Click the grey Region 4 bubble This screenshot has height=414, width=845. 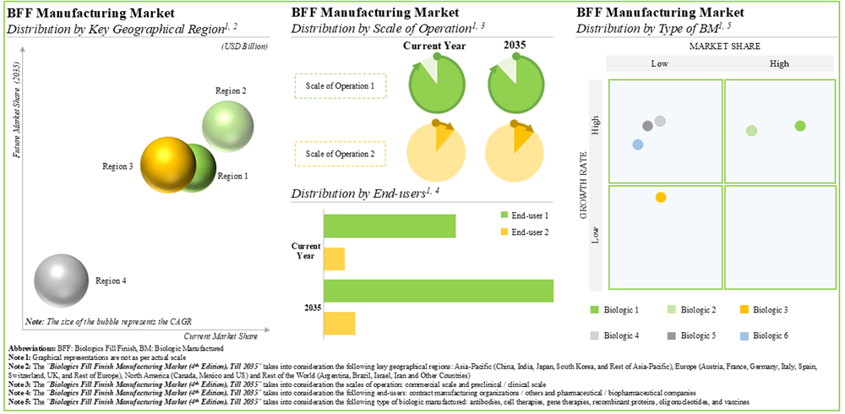[x=61, y=278]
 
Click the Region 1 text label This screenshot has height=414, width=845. [x=232, y=177]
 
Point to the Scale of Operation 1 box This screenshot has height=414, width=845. [x=340, y=85]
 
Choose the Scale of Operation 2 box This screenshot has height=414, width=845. [x=340, y=154]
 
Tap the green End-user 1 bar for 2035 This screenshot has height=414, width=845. [x=438, y=290]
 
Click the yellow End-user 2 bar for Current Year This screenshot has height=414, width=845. [x=334, y=259]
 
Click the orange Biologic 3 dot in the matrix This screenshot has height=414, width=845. [x=660, y=198]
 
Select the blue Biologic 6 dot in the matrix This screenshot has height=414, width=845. [x=638, y=144]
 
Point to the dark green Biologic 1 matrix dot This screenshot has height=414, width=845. [x=800, y=126]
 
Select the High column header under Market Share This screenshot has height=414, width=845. [x=779, y=63]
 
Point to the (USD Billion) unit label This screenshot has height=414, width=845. [x=245, y=46]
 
